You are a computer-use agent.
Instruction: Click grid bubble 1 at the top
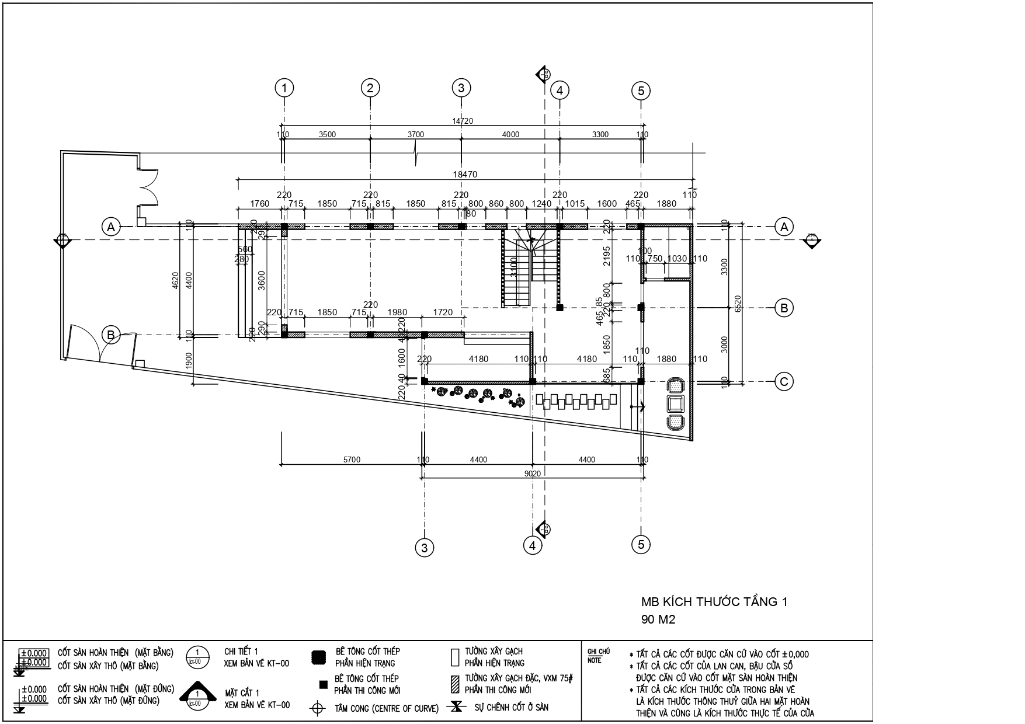click(x=284, y=89)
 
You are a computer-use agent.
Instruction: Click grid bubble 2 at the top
click(x=370, y=89)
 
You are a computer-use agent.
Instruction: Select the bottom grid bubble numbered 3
click(x=425, y=548)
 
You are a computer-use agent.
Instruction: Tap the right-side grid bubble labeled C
click(x=784, y=382)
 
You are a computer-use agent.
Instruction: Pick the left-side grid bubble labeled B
click(x=110, y=335)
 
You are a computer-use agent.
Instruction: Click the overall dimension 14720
click(x=463, y=121)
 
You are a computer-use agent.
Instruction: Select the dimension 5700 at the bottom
click(x=352, y=460)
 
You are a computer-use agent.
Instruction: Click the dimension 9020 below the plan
click(x=532, y=474)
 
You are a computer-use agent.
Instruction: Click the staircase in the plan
click(x=517, y=269)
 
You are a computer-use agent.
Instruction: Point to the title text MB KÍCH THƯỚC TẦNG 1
click(x=714, y=602)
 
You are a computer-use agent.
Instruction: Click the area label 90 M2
click(x=658, y=620)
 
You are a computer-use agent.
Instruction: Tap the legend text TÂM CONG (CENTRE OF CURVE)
click(x=386, y=709)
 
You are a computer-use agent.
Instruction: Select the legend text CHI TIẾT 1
click(x=241, y=652)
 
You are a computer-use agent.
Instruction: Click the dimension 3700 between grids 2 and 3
click(x=415, y=134)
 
